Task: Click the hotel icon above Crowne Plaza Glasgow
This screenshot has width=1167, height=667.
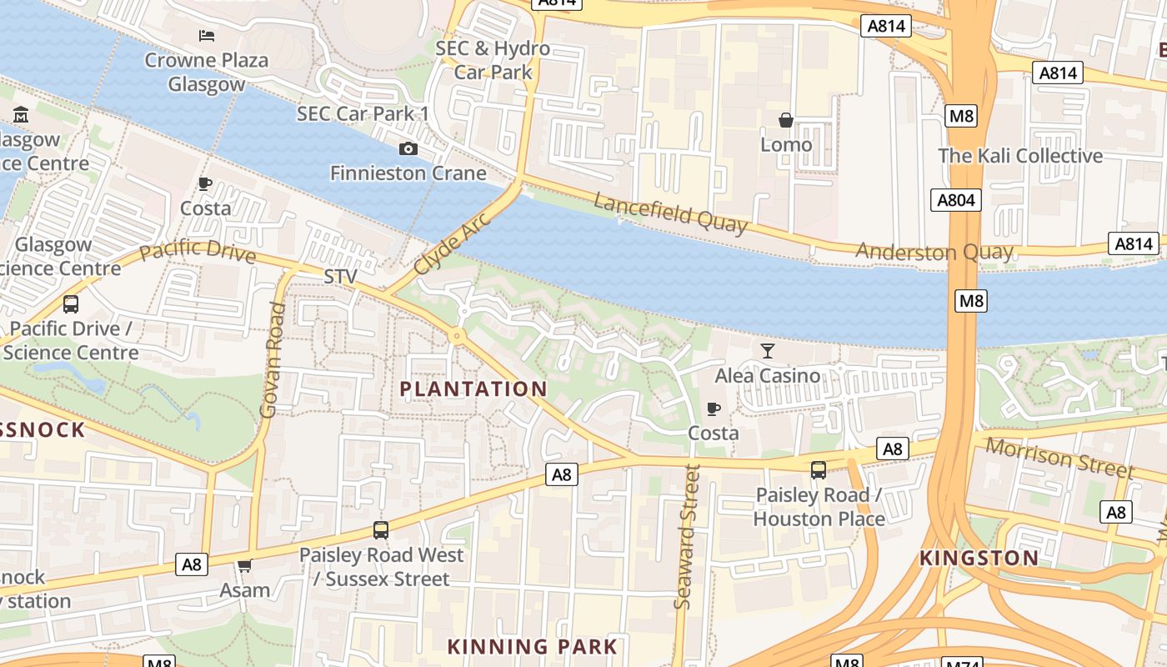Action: (x=207, y=35)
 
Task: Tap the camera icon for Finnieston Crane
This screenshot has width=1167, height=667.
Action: (x=408, y=148)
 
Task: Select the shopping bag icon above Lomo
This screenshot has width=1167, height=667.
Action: (x=785, y=121)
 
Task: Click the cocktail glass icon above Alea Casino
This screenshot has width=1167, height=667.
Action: (x=767, y=351)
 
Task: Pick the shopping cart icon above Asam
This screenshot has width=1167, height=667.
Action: (x=244, y=566)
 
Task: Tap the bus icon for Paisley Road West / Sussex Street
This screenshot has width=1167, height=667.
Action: (x=381, y=529)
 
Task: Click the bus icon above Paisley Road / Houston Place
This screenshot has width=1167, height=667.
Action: (x=818, y=470)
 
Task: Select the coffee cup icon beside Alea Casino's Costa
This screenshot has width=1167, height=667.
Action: (x=713, y=409)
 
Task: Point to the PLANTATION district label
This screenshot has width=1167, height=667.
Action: (x=473, y=389)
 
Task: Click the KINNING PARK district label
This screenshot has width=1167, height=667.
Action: (x=532, y=646)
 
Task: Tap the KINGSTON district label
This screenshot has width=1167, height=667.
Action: (x=979, y=558)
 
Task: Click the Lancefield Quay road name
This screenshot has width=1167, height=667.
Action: (x=670, y=212)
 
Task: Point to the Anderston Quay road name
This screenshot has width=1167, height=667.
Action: (x=934, y=251)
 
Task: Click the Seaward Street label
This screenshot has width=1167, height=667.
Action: (x=686, y=535)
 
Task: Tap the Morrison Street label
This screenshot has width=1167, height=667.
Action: (x=1059, y=457)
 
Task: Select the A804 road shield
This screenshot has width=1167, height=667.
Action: (x=955, y=200)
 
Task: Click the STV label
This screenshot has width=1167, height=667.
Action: (x=340, y=276)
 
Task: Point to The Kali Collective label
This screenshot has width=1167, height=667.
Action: (x=1019, y=156)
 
